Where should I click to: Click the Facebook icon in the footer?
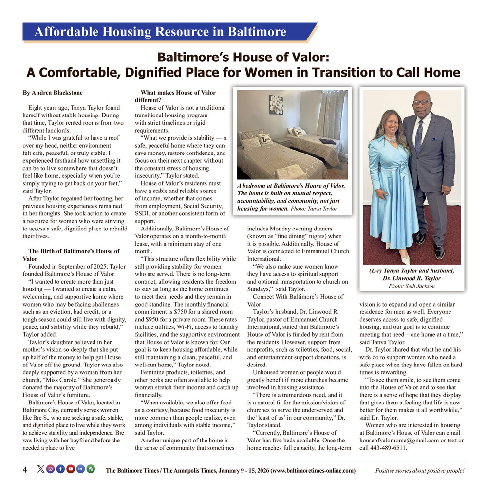[x=60, y=469]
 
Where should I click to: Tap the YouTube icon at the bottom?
[x=71, y=469]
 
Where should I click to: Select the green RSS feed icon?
[x=91, y=469]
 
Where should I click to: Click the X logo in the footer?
[x=40, y=469]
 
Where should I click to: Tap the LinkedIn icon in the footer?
[x=80, y=469]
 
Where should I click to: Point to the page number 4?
[x=25, y=470]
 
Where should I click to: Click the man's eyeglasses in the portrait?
[x=422, y=102]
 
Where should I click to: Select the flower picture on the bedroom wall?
[x=276, y=104]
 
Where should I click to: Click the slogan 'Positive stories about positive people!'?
[x=420, y=470]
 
